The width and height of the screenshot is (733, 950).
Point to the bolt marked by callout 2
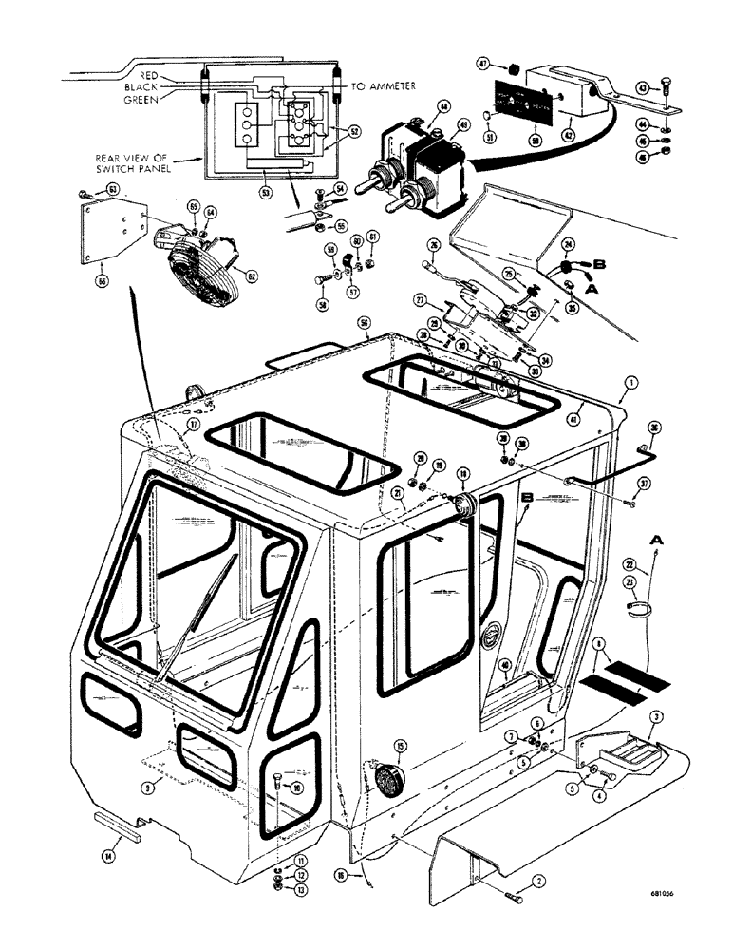[514, 896]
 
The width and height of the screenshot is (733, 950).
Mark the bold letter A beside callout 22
[655, 539]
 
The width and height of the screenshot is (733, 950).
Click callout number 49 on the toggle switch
[464, 123]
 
